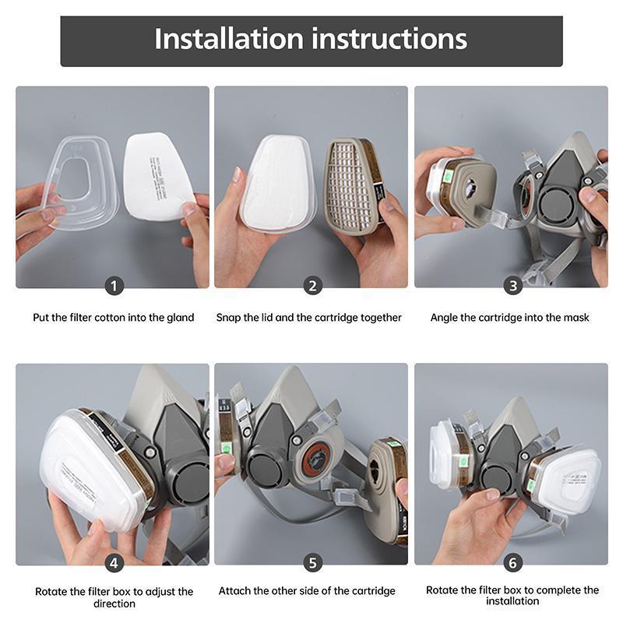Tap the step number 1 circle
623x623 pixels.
114,286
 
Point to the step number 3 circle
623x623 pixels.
512,286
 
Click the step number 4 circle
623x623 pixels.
114,562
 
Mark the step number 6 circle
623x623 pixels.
512,562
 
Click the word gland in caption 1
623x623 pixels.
180,318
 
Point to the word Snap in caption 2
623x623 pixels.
229,318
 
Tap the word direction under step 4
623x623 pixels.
114,604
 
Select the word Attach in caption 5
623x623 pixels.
234,591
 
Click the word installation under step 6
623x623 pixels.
512,601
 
